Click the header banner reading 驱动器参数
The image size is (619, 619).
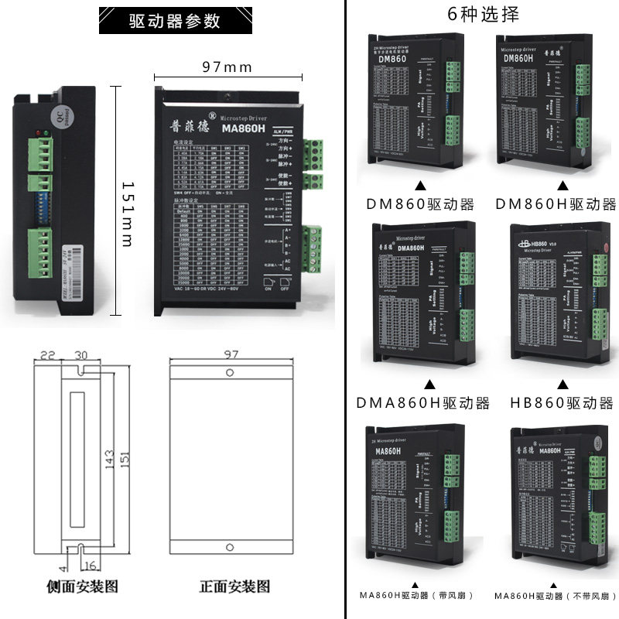coord(174,21)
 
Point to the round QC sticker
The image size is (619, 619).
coord(60,115)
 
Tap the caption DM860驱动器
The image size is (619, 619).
coord(422,204)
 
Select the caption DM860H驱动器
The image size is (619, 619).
coord(556,204)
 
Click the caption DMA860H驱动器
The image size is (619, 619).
coord(423,403)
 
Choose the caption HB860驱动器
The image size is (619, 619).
coord(562,403)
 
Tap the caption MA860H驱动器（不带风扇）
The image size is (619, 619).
coord(552,595)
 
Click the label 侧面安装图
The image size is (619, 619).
coord(84,587)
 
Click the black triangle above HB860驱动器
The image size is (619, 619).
coord(563,385)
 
